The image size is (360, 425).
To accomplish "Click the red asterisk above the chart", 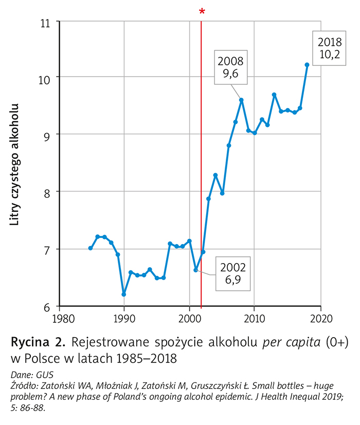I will point(202,11).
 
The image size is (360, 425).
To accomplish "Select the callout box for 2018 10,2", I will point(329,48).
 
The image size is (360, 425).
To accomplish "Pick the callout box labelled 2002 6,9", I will point(233,273).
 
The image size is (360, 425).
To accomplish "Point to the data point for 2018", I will point(307,65).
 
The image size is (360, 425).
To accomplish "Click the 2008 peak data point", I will point(241,100).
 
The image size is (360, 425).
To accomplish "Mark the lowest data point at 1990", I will point(124,294).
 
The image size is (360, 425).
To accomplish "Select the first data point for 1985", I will point(91,248).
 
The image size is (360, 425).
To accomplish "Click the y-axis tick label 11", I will point(47,23).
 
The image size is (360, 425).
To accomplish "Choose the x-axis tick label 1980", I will point(59,317).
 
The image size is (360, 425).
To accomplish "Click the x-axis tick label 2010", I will point(255,317).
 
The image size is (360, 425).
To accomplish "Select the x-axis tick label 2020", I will point(320,317).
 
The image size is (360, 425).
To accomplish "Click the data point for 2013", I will point(274,95).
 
